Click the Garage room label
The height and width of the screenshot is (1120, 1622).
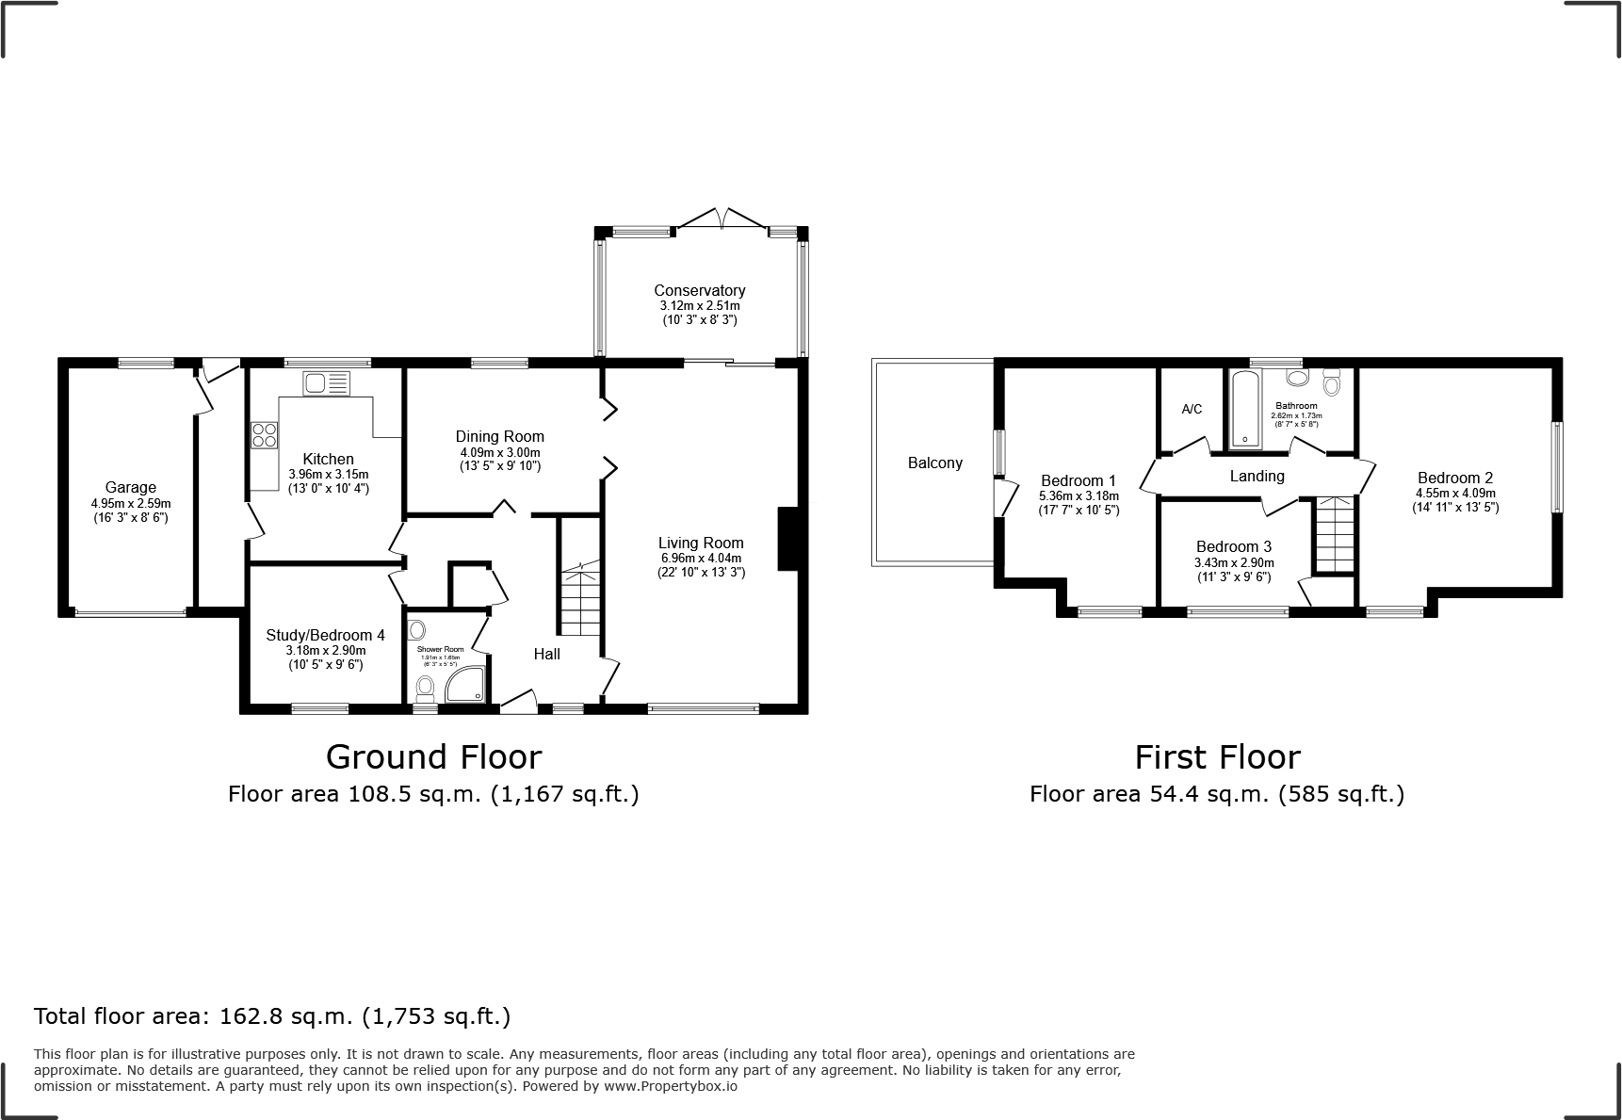coord(130,487)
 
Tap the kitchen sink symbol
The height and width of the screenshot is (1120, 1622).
coord(326,382)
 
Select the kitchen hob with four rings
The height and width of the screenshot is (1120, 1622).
coord(265,434)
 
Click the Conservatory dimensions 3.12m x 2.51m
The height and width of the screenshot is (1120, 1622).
coord(699,306)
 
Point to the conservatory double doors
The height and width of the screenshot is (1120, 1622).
coord(722,219)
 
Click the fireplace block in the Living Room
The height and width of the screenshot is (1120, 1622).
coord(787,539)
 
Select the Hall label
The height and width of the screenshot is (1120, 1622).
coord(546,654)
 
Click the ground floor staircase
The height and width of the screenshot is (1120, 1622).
coord(580,599)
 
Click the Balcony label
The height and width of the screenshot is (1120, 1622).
coord(934,463)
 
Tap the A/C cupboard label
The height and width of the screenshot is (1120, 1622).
coord(1192,409)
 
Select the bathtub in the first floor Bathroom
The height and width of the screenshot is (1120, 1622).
coord(1244,409)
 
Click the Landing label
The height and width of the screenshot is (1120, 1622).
coord(1257,476)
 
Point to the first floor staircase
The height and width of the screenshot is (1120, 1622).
coord(1335,534)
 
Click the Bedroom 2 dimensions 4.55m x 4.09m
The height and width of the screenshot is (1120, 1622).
coord(1454,493)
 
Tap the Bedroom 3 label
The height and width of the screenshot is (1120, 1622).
coord(1233,546)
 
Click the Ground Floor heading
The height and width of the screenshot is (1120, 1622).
coord(433,756)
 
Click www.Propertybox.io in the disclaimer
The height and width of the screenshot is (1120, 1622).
coord(670,1086)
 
